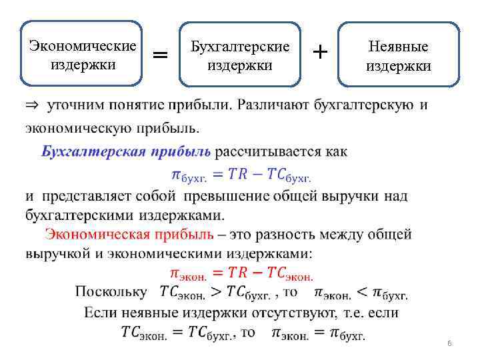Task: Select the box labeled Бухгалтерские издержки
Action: (240, 55)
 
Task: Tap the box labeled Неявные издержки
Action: (399, 55)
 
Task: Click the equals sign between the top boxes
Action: (161, 54)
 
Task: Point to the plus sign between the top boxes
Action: (320, 51)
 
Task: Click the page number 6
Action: (449, 343)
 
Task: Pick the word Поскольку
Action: (111, 291)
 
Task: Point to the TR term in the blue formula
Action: (236, 175)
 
